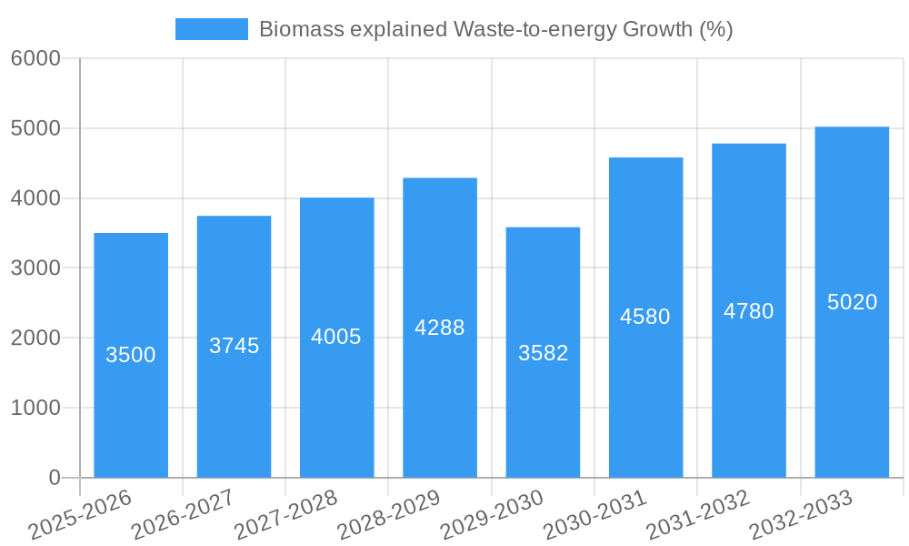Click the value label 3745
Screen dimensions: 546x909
click(234, 346)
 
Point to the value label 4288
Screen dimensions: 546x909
click(440, 328)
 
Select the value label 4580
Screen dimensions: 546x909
click(645, 317)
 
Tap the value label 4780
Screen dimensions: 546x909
click(749, 311)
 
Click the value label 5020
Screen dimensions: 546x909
click(852, 302)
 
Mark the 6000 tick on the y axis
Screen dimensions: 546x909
click(35, 59)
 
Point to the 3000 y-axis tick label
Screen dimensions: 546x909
click(35, 268)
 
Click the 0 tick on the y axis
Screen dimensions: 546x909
click(55, 478)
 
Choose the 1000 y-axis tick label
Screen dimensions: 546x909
click(35, 408)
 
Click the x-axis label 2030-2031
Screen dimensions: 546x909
click(595, 516)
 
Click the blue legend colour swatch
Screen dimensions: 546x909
click(212, 29)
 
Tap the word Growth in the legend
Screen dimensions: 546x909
click(656, 29)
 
